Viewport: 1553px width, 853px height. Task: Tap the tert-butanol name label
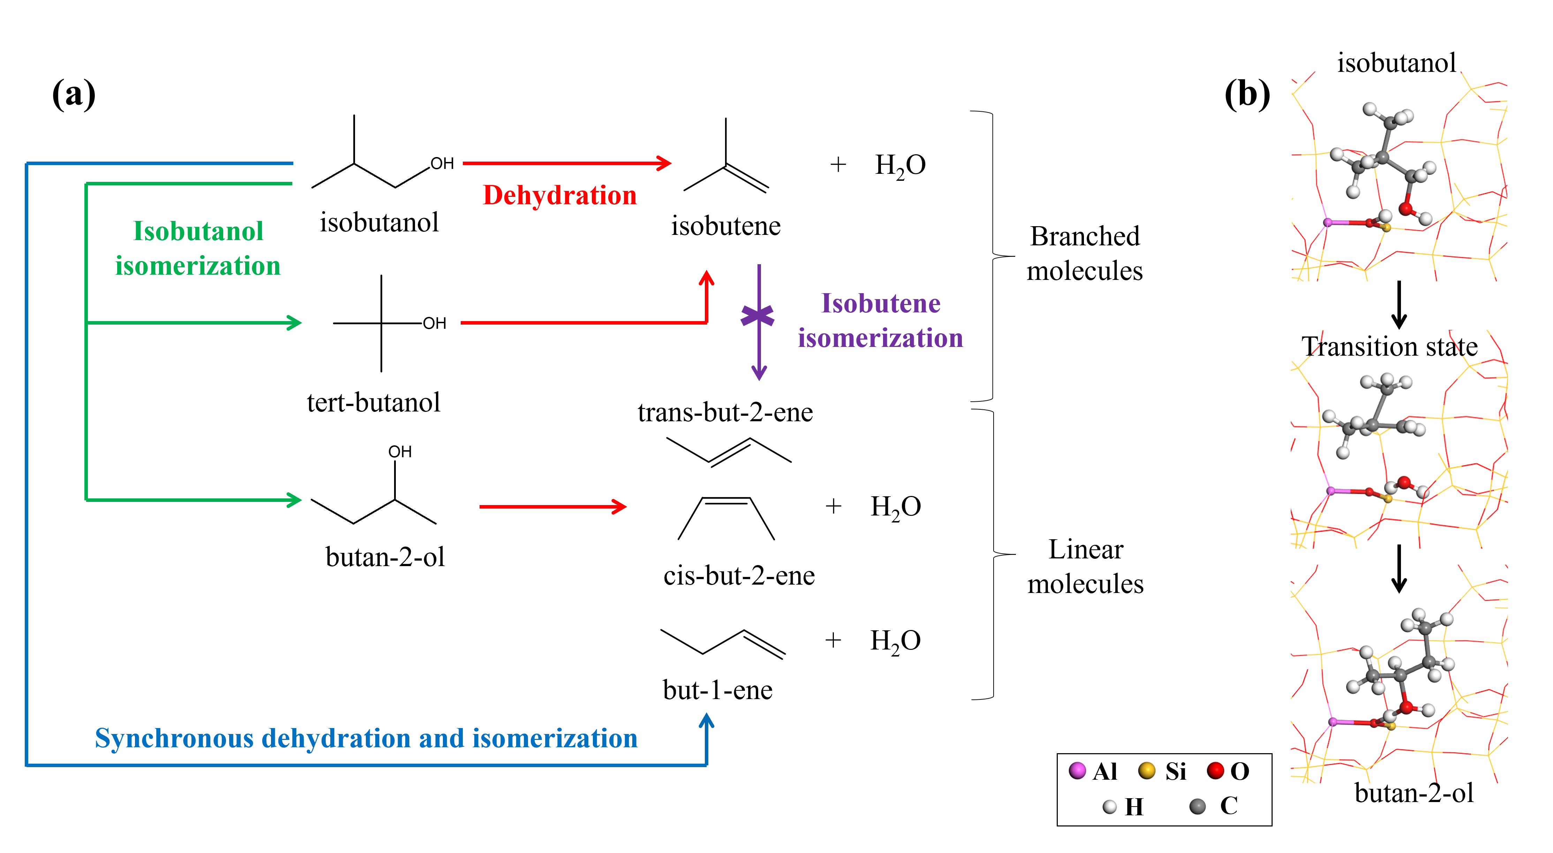[x=373, y=402]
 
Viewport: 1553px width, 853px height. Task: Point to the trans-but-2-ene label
[x=725, y=413]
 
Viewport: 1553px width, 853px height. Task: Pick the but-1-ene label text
[x=717, y=690]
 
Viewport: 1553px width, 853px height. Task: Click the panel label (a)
[x=74, y=95]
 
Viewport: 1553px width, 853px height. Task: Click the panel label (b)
[x=1247, y=95]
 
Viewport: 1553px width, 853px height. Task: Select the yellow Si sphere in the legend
[x=1146, y=770]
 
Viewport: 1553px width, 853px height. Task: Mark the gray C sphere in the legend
[x=1197, y=806]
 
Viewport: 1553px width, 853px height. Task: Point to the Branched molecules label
[x=1085, y=253]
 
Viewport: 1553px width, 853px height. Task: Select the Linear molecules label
[x=1085, y=566]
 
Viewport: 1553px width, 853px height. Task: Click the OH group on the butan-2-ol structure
[x=400, y=452]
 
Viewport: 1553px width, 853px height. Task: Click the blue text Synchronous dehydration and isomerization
[x=366, y=739]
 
